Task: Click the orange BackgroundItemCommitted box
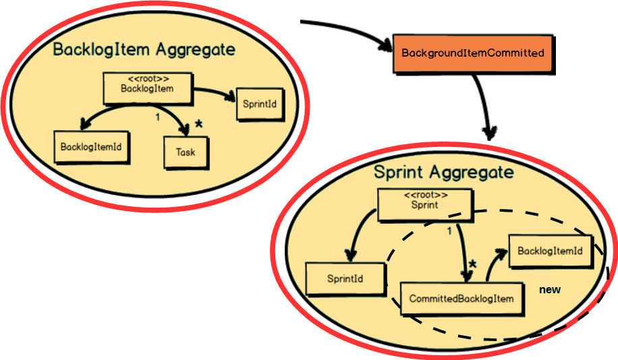click(x=472, y=53)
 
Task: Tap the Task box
click(x=186, y=152)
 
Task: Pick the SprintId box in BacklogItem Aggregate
click(x=259, y=104)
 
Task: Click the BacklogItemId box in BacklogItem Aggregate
click(x=90, y=146)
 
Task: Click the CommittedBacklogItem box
click(x=462, y=299)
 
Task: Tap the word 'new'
click(x=550, y=289)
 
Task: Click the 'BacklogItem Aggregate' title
click(x=144, y=50)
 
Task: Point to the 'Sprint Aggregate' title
click(x=443, y=172)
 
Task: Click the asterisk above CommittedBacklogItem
click(x=472, y=265)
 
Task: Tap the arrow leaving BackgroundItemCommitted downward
click(x=484, y=101)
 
